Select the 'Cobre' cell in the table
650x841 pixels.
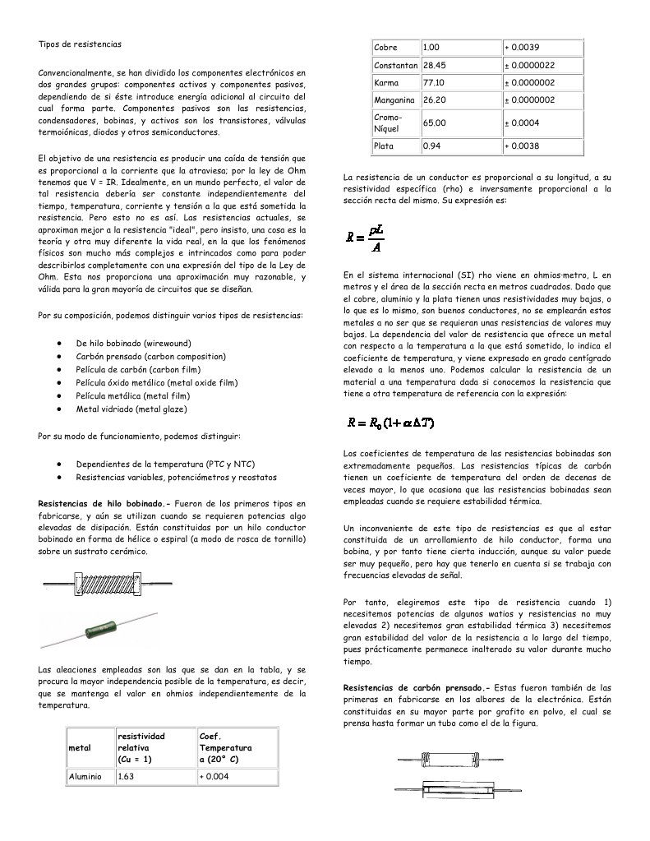[x=385, y=48]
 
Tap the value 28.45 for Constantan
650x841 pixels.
[x=434, y=65]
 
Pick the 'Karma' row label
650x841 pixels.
[x=386, y=83]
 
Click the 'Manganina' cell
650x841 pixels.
[x=394, y=100]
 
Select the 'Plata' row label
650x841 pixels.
[x=384, y=146]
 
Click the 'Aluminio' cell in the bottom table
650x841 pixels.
[x=85, y=776]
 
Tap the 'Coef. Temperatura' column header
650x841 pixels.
[x=225, y=748]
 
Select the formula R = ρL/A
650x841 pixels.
[x=366, y=238]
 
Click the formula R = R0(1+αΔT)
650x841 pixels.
[x=390, y=423]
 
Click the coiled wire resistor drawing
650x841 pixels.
[x=108, y=585]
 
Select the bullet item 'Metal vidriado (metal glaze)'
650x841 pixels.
[x=131, y=409]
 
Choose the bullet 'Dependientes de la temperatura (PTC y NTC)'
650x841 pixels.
[x=165, y=464]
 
